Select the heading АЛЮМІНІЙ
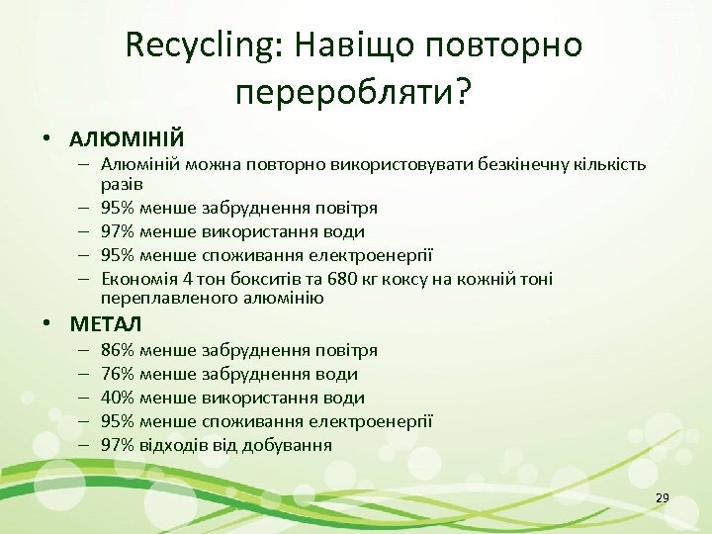click(x=127, y=137)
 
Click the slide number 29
click(x=663, y=497)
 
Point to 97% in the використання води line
click(x=119, y=231)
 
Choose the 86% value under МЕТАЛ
click(x=119, y=350)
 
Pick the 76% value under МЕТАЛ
click(x=119, y=374)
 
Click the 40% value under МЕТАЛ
click(x=119, y=398)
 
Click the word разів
click(x=123, y=184)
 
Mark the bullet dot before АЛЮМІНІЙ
click(x=47, y=138)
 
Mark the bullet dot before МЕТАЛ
click(x=47, y=324)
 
